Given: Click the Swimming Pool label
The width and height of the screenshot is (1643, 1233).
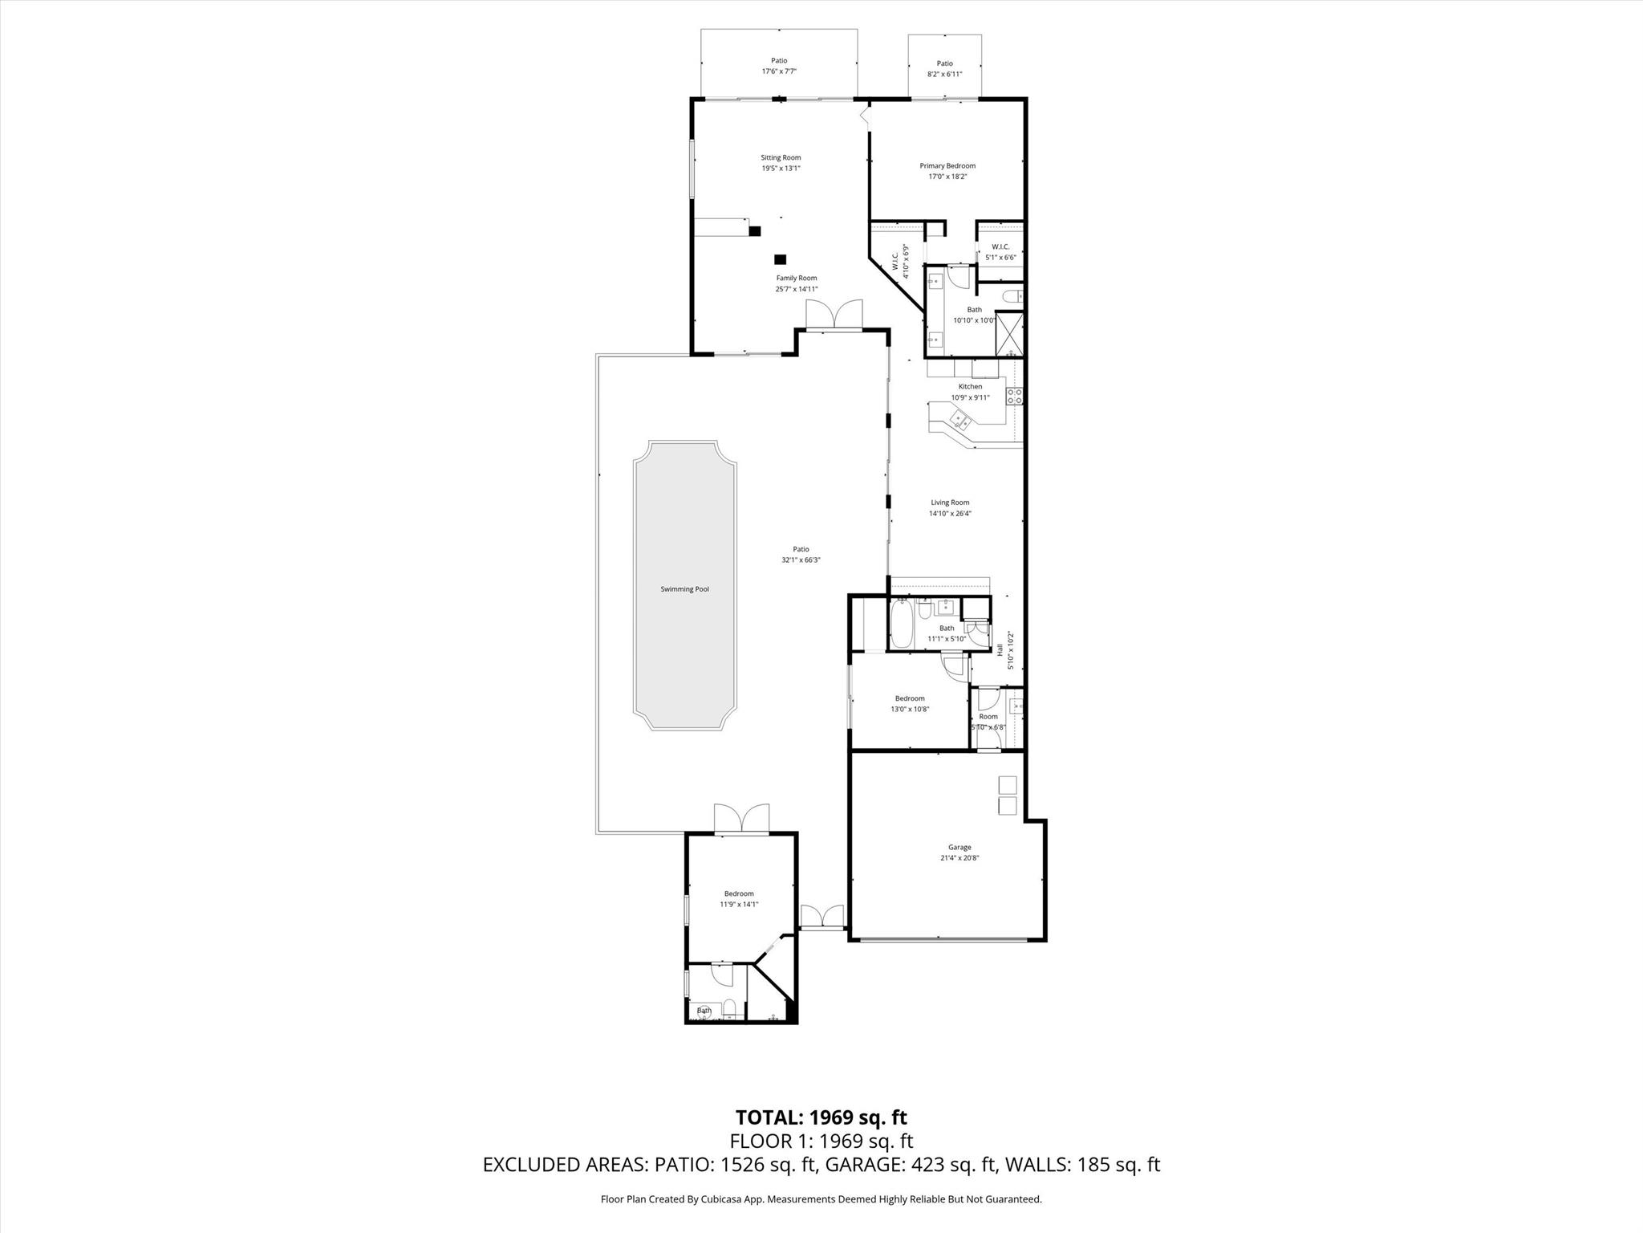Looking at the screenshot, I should click(x=684, y=589).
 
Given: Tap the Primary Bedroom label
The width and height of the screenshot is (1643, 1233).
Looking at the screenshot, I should click(x=947, y=166).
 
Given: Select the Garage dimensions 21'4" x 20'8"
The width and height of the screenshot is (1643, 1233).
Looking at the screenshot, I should click(x=959, y=858).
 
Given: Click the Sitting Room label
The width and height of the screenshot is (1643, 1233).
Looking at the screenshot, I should click(x=781, y=158).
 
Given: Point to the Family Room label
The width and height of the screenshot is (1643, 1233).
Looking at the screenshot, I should click(x=796, y=279).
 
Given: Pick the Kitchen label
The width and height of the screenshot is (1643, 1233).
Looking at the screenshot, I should click(x=970, y=387).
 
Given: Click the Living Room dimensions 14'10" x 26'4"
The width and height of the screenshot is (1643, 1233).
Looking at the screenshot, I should click(x=950, y=514).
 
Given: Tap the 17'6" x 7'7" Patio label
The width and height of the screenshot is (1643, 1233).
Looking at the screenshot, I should click(x=779, y=71).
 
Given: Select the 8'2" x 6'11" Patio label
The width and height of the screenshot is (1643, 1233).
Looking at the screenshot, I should click(x=944, y=74).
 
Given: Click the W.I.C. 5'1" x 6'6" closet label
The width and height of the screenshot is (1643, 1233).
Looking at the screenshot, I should click(x=1000, y=252).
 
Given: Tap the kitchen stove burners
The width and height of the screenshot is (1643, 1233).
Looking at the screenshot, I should click(x=1014, y=395).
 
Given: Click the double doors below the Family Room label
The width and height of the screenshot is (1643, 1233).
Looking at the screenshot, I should click(x=834, y=315).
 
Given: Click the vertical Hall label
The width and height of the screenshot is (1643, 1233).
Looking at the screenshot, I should click(x=1000, y=649).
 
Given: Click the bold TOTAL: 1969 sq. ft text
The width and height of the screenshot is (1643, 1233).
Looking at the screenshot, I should click(x=821, y=1117).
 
